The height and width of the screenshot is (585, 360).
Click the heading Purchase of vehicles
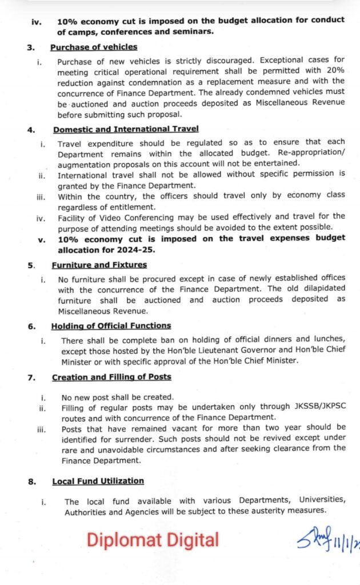click(94, 47)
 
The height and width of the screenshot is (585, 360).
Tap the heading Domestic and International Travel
click(126, 130)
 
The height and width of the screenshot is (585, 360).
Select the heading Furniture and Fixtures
click(99, 265)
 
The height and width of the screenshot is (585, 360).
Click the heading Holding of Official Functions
click(111, 326)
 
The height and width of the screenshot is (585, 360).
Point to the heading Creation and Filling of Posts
click(111, 377)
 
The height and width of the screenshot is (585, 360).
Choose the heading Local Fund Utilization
click(98, 481)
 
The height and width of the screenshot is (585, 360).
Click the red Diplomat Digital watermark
click(153, 540)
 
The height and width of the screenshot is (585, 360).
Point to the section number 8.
click(32, 482)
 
